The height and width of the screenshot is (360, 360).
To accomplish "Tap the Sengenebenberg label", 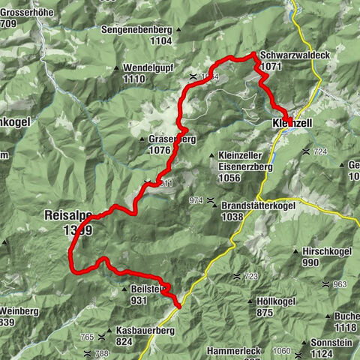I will (138, 30).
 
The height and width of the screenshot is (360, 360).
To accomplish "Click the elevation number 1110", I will (133, 79).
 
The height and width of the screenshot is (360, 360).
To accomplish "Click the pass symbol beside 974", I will (213, 200).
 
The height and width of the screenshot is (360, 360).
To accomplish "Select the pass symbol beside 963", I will (325, 284).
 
